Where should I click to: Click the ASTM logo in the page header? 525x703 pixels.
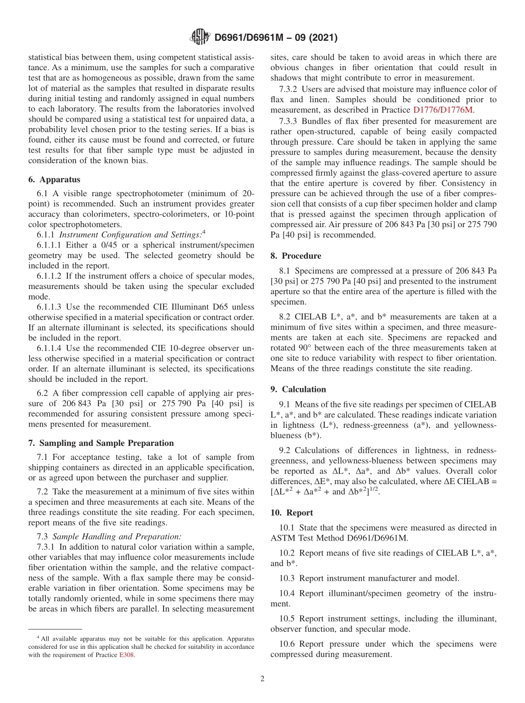200,38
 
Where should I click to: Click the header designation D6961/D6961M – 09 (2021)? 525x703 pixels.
275,38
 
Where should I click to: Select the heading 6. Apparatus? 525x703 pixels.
54,180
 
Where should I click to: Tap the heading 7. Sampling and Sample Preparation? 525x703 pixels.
101,443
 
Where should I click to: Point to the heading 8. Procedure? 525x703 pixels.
296,256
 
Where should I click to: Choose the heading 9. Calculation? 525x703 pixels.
298,389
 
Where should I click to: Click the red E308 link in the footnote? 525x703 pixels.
127,655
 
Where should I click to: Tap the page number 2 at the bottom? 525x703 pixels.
262,679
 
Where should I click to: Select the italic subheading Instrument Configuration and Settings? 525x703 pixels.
130,234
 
